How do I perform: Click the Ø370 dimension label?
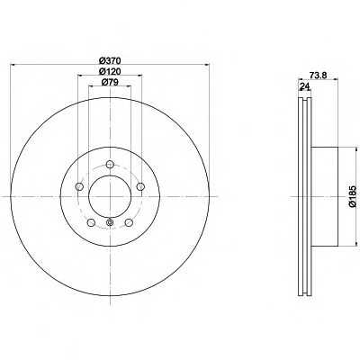coord(110,60)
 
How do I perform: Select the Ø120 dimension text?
coord(110,71)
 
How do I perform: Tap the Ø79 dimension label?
coord(110,82)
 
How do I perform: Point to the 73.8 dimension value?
coord(318,76)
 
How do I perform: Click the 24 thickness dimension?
coord(305,86)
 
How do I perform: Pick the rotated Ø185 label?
coord(353,196)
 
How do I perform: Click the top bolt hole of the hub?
coord(110,164)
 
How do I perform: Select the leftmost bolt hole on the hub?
coord(79,187)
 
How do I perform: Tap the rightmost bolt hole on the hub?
coord(140,187)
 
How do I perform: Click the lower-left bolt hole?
coord(91,222)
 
